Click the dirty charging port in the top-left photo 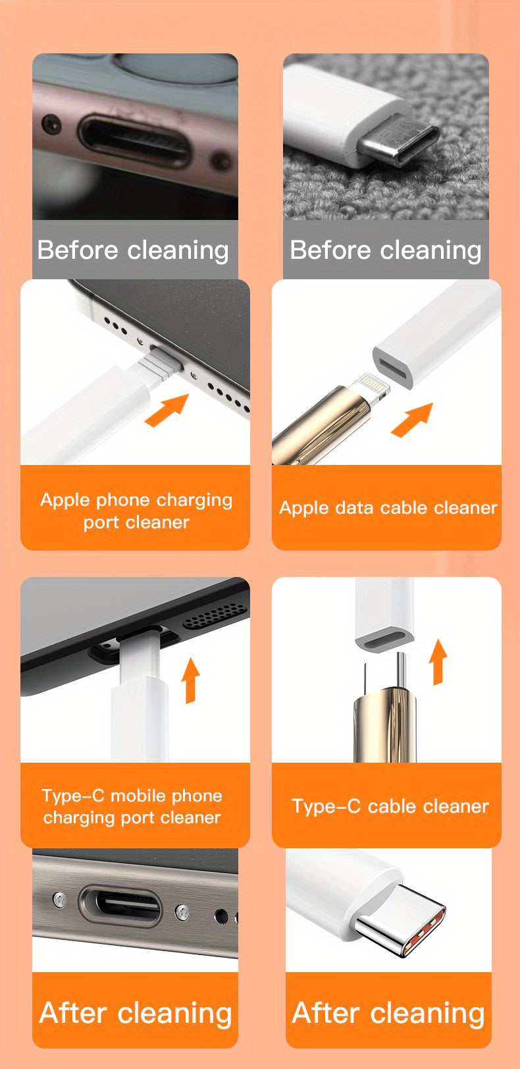(134, 139)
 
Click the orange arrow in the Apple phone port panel (166, 410)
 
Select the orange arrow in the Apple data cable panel (412, 420)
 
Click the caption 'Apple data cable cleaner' (387, 508)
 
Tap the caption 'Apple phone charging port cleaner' (136, 510)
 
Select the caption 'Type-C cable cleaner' (390, 806)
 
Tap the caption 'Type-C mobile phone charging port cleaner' (132, 806)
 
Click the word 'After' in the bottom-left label (73, 1012)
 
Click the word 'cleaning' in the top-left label (178, 250)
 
